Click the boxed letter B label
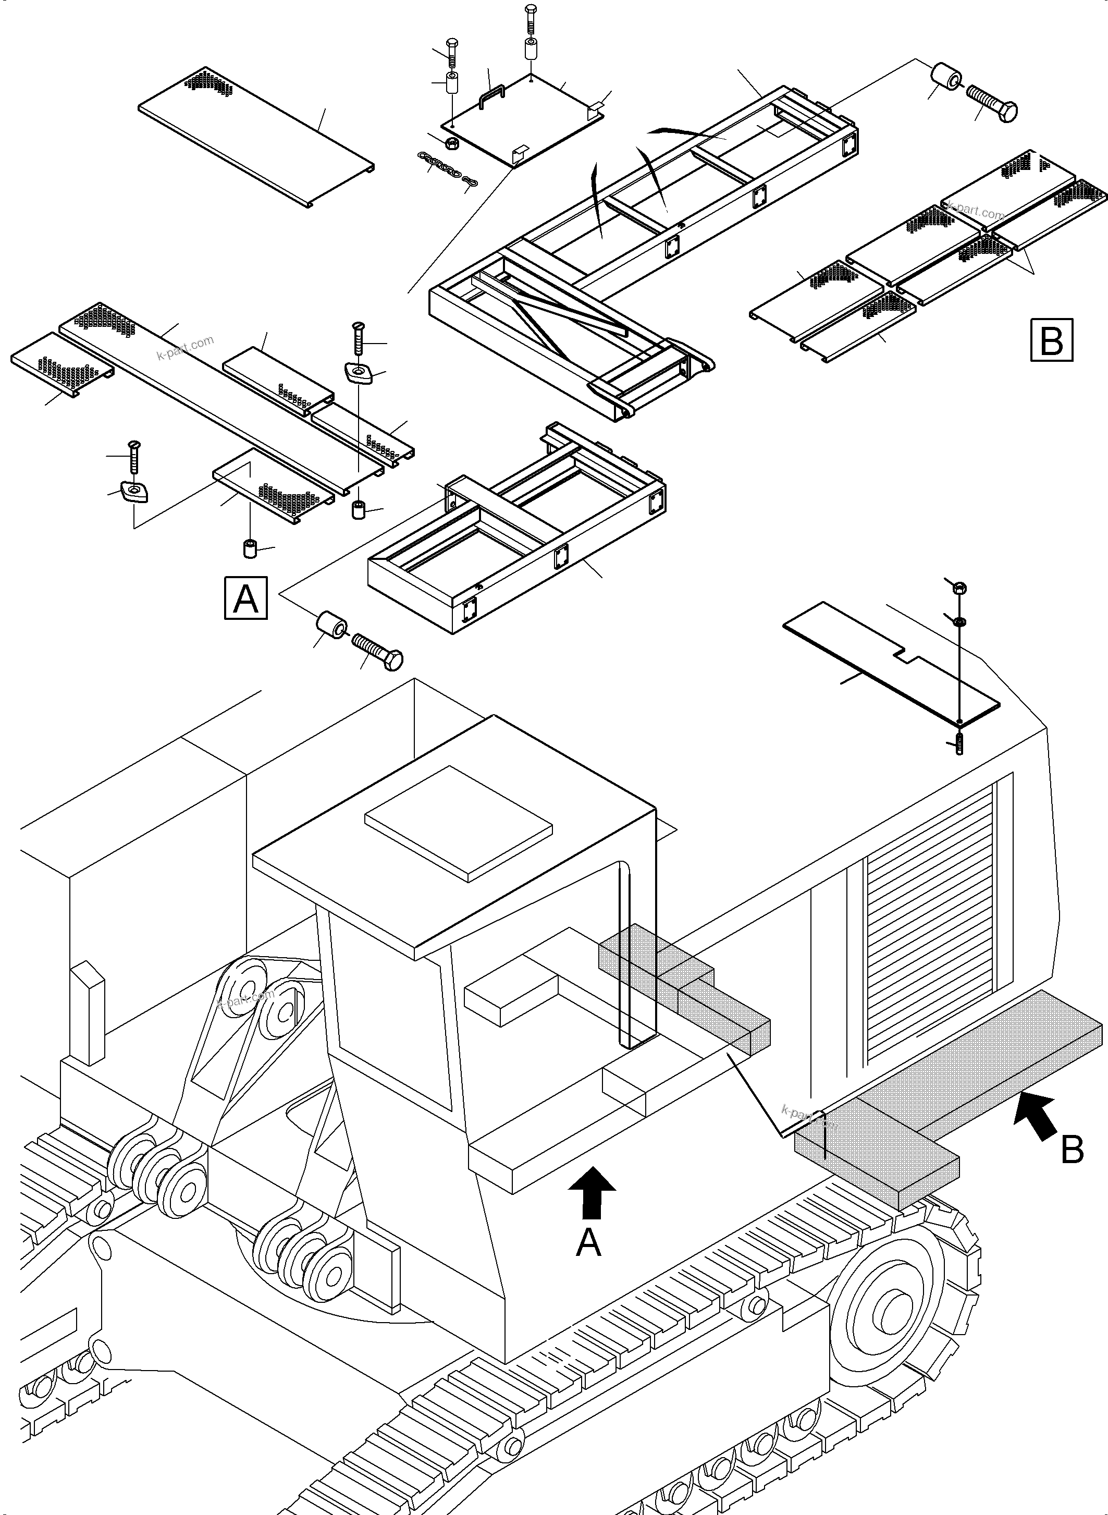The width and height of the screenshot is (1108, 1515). point(1051,339)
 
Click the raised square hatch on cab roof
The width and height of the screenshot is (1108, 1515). point(458,823)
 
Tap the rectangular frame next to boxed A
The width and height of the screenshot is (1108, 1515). point(516,530)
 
